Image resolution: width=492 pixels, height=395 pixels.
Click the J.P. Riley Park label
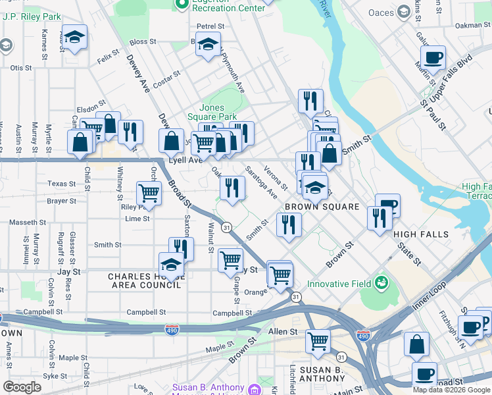[x=32, y=16]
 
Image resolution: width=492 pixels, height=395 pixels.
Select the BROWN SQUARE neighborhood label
[x=322, y=207]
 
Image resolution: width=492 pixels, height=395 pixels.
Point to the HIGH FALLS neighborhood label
[x=421, y=234]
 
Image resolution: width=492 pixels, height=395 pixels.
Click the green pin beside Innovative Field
[x=381, y=283]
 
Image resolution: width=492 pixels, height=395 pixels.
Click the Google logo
[x=22, y=387]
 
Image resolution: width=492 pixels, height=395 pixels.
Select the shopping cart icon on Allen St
[x=318, y=342]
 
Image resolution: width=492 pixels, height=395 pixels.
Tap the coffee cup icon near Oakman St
[x=433, y=57]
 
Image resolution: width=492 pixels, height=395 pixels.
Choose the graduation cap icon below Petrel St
[x=209, y=45]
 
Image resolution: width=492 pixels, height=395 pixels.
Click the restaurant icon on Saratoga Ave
[x=232, y=187]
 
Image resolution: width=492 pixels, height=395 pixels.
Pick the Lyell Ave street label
[x=185, y=160]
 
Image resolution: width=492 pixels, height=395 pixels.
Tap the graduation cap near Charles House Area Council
[x=171, y=265]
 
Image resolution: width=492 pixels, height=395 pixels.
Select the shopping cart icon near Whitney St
[x=149, y=194]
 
